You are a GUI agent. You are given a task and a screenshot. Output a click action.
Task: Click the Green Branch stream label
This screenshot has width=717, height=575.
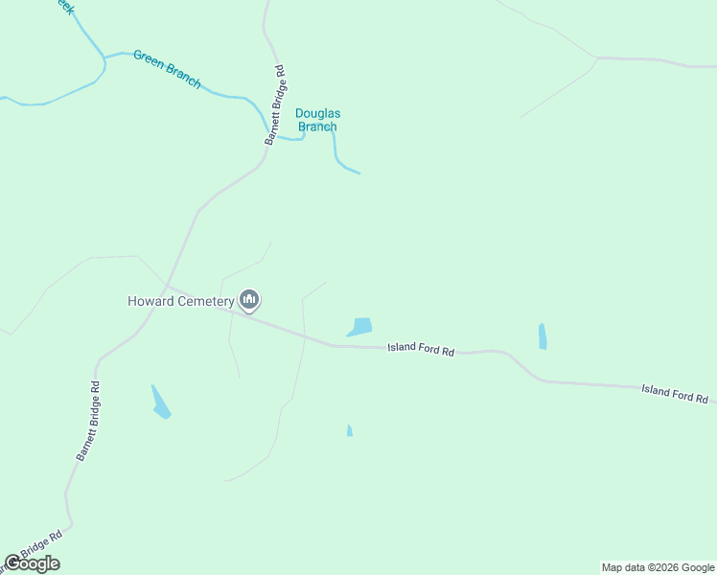pos(168,69)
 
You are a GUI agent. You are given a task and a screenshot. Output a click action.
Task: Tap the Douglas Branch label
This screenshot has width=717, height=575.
pos(317,120)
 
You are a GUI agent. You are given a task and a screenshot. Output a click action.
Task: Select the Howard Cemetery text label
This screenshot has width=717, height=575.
pos(180,301)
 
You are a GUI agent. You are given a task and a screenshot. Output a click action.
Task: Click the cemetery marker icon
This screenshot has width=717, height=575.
pos(250,300)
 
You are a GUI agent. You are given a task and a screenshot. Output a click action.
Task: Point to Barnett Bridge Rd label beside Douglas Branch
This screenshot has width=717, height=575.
pos(276,104)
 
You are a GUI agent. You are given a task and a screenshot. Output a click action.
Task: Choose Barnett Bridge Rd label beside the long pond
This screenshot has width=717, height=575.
pos(88,422)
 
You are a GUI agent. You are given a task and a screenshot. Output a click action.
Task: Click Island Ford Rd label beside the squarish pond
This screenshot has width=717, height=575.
pos(421,350)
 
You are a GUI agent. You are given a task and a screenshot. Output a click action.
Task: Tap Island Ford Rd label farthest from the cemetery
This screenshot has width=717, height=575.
pos(675,392)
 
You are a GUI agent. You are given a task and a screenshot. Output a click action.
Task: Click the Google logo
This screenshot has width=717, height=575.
pos(32,563)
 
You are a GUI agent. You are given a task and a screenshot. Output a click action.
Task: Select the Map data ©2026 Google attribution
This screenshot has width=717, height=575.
pos(659,567)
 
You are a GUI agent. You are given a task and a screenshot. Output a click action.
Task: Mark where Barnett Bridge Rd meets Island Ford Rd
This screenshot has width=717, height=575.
pos(167,285)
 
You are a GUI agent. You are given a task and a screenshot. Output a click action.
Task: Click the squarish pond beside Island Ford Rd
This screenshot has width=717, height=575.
pos(361,327)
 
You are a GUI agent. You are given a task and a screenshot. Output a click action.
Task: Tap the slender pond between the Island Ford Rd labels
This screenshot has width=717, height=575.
pos(543,336)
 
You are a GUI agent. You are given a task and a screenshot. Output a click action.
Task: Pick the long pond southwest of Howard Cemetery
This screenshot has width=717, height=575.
pos(160,402)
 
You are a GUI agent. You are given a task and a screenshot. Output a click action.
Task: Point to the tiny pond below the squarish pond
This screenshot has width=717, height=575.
pos(350,431)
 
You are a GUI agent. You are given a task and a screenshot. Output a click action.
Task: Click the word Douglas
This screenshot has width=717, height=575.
pos(317,113)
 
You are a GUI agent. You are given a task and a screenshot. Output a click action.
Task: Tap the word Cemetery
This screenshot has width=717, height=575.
pos(206,301)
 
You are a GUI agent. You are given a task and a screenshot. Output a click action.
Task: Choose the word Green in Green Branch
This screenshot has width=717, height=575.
pos(149,59)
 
